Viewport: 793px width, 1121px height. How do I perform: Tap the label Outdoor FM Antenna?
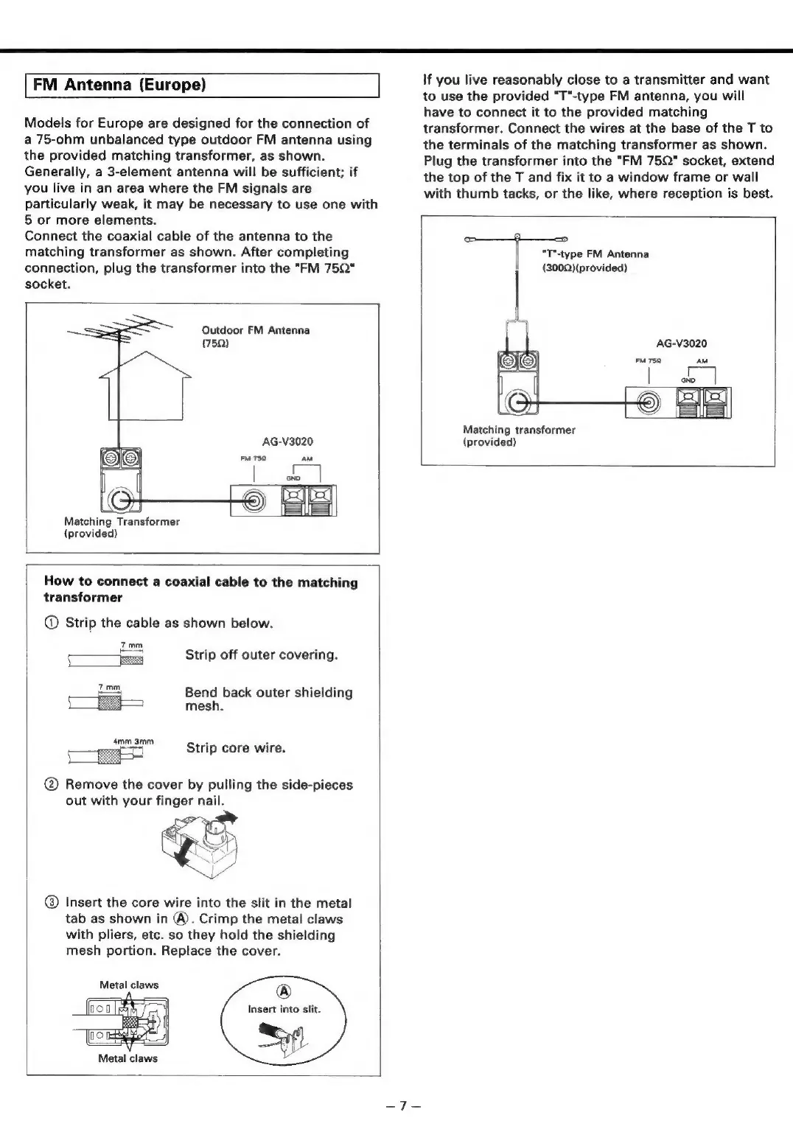tap(256, 330)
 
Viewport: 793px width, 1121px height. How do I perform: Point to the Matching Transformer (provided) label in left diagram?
tap(122, 527)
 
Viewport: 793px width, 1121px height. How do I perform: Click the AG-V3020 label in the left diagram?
tap(287, 441)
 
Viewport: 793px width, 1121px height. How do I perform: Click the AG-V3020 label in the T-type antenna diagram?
tap(681, 343)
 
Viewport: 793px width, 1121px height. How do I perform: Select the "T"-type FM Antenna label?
tap(595, 254)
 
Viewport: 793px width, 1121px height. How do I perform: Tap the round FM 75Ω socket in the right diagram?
tap(649, 402)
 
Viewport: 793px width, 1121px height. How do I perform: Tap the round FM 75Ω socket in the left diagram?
tap(255, 501)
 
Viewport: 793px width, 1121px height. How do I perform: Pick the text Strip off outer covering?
tap(262, 654)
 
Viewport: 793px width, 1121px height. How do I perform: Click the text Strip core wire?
tap(236, 747)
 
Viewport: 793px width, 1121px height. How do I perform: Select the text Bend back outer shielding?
tap(268, 693)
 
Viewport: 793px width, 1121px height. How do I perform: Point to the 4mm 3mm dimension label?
tap(133, 741)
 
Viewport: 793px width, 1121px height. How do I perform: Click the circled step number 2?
tap(50, 785)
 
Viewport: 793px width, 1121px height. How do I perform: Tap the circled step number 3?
tap(50, 903)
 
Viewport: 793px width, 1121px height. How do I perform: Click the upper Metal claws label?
tap(129, 985)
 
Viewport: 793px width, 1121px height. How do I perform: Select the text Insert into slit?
tap(284, 1009)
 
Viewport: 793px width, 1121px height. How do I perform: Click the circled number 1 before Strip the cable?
tap(50, 623)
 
